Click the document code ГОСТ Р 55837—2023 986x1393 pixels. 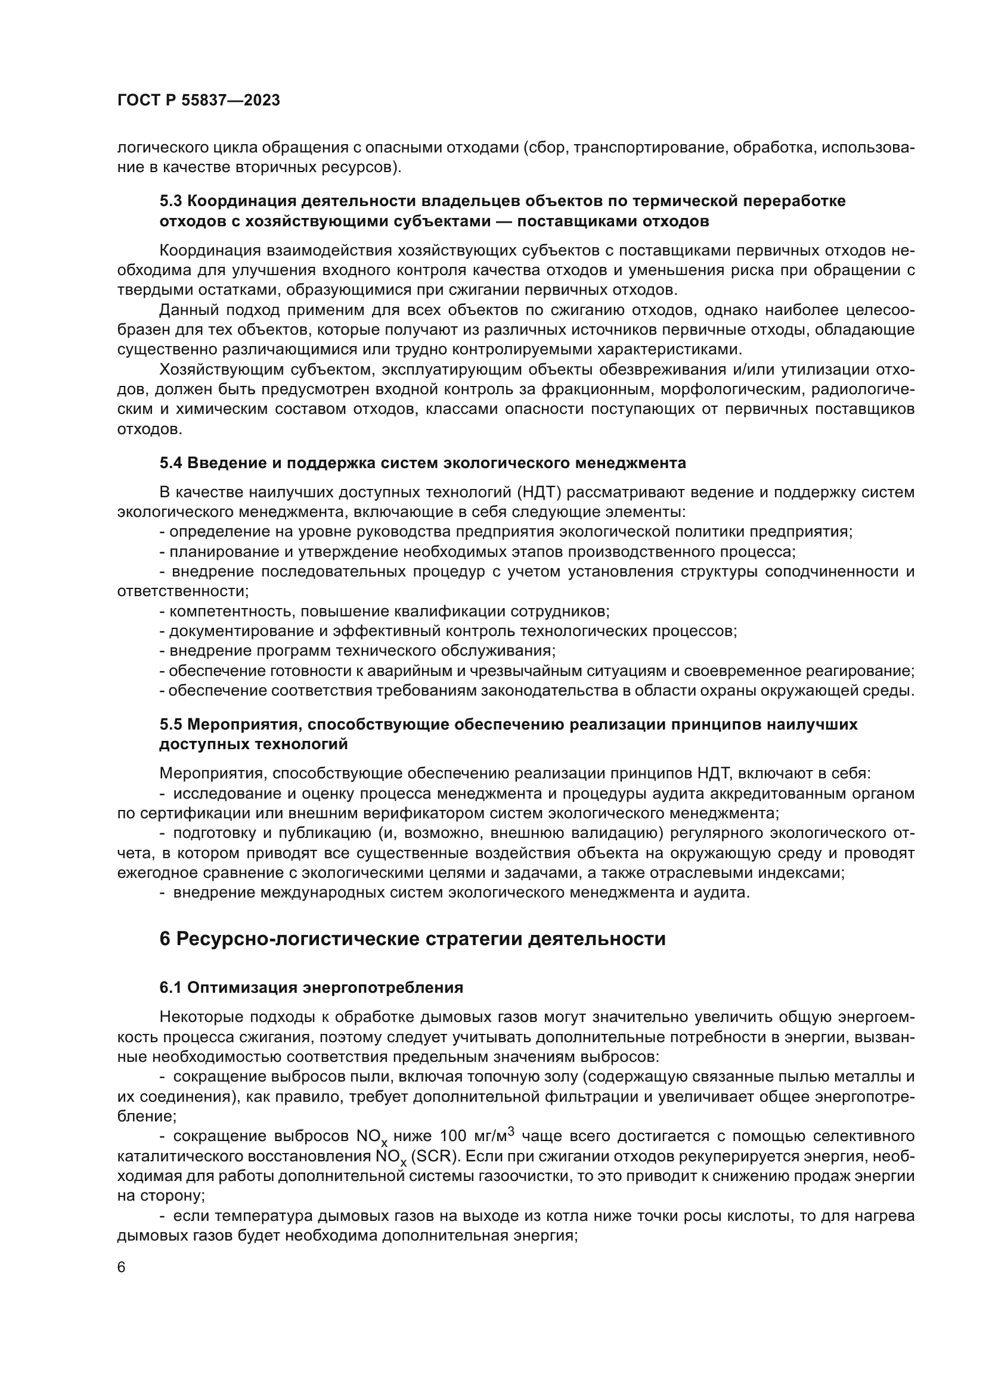click(199, 101)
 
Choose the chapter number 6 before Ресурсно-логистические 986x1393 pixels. click(165, 939)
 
